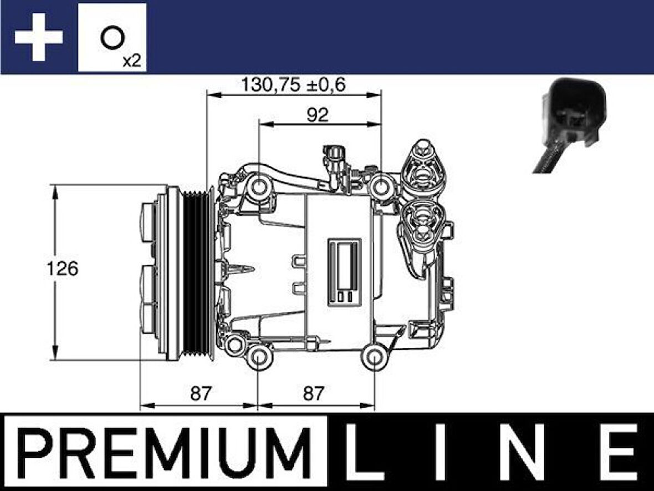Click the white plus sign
point(39,37)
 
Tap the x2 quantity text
point(132,60)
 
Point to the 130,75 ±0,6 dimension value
point(293,85)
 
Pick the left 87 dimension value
point(201,393)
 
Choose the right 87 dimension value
point(314,393)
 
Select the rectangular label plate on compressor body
point(344,272)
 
